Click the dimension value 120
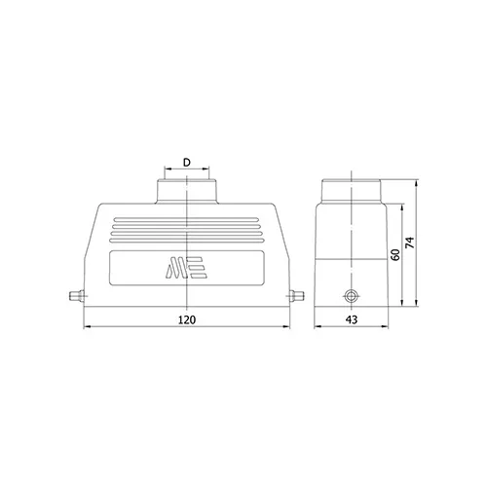(x=187, y=319)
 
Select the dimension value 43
(x=352, y=319)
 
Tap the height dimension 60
(x=394, y=255)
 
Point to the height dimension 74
(x=411, y=243)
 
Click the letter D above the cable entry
(x=187, y=163)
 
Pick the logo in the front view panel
(x=187, y=268)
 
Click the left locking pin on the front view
(x=77, y=296)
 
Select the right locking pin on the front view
(x=296, y=296)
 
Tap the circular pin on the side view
(x=351, y=296)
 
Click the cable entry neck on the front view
(x=187, y=191)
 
